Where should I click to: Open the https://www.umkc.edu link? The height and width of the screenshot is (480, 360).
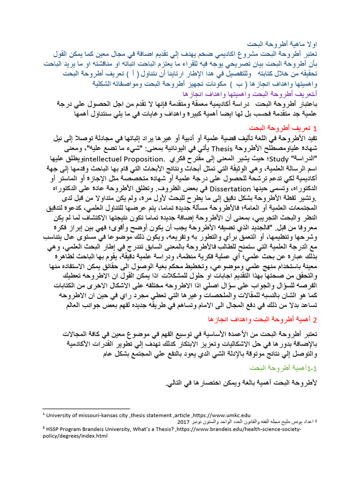click(x=222, y=415)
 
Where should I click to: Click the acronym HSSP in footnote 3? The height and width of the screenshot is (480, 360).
click(x=54, y=427)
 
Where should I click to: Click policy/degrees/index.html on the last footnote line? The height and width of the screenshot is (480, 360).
click(x=75, y=435)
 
